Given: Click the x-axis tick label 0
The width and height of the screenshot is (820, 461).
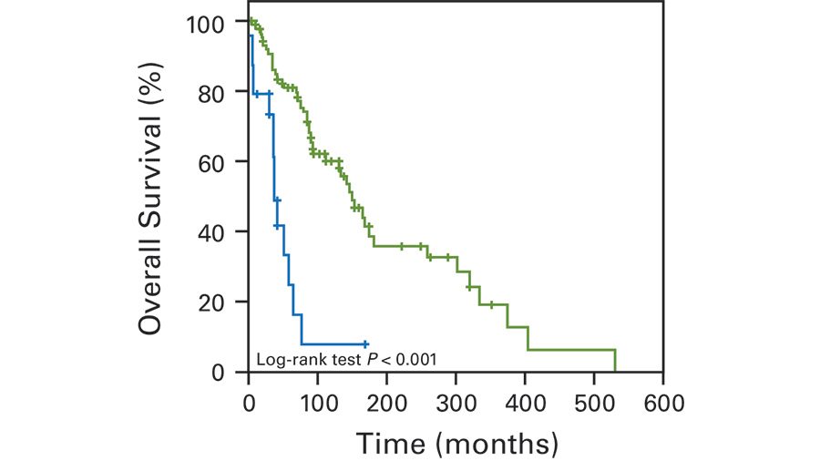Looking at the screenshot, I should coord(249,400).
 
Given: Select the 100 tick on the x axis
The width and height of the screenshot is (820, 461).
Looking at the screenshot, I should coord(318,400).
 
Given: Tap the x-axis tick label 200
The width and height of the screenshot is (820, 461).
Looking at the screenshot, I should coord(387,400).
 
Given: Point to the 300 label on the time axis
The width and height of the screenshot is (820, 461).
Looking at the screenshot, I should coord(456,400).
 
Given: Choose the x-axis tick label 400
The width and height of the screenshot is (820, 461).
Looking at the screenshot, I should coord(525,400).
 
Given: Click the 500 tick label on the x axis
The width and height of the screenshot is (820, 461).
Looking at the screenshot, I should coord(594,400).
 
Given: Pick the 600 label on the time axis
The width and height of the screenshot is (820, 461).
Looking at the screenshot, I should coord(663,400).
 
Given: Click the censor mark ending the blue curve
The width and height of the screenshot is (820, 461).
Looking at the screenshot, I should coord(364,344).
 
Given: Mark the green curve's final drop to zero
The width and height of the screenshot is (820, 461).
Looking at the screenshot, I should coord(615,361).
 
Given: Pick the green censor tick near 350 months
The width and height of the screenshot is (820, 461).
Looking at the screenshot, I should coord(491,304).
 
